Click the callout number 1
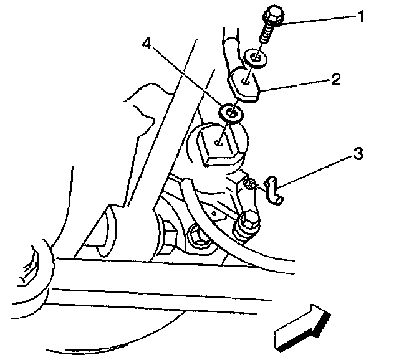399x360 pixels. (360, 17)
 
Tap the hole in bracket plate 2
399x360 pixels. (248, 79)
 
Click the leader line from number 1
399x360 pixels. (318, 20)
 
